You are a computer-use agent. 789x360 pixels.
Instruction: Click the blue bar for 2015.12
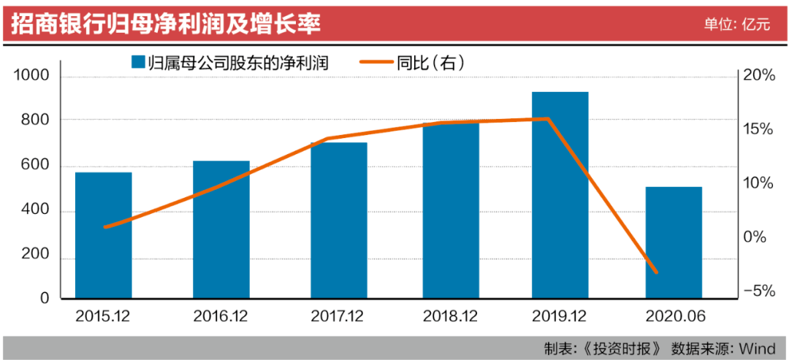tap(104, 235)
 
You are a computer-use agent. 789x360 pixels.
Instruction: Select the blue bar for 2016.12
tap(221, 229)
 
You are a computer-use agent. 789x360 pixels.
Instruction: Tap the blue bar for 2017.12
tap(339, 220)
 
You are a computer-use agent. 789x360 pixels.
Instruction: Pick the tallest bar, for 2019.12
tap(560, 195)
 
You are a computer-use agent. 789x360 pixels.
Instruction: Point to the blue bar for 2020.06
tap(674, 242)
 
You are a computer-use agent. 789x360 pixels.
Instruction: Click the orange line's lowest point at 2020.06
tap(655, 272)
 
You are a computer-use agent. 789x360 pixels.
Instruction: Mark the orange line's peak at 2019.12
tap(548, 118)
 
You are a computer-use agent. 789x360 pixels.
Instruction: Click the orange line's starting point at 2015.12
tap(104, 227)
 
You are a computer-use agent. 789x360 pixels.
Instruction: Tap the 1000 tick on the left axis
tap(31, 77)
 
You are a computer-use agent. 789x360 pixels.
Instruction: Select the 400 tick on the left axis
tap(34, 212)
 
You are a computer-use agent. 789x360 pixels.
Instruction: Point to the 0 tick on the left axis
tap(44, 299)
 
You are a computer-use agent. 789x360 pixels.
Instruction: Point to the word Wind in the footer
tap(760, 348)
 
